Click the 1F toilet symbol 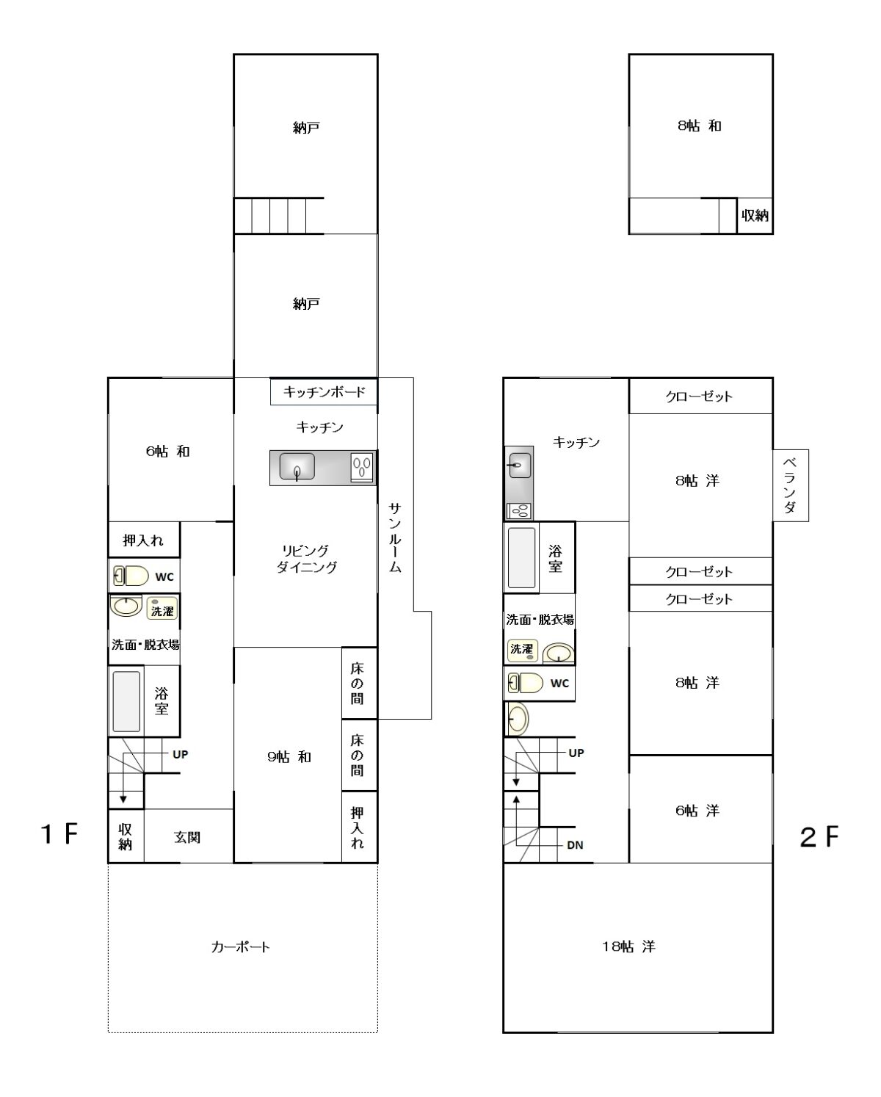point(131,576)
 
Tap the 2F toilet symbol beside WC point(526,683)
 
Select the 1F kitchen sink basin point(297,466)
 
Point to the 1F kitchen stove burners point(362,467)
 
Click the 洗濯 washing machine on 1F point(162,608)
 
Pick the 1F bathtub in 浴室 point(126,701)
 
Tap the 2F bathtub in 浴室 point(521,557)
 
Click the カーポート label point(240,946)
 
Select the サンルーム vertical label point(395,537)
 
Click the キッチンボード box point(324,391)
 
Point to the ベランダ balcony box point(790,485)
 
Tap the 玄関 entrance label point(187,837)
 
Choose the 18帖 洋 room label point(628,946)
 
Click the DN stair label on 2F point(575,845)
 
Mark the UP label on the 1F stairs point(180,754)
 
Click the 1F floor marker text point(59,834)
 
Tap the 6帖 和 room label point(167,451)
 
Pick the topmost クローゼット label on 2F point(699,396)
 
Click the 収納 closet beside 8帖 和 point(755,216)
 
